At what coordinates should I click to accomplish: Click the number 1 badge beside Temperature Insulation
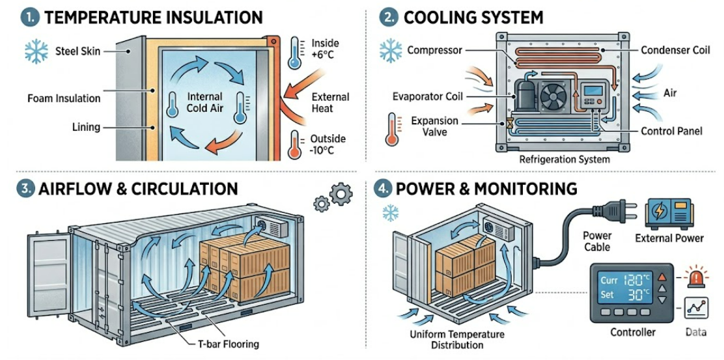click(29, 18)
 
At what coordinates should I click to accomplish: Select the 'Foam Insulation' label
click(64, 98)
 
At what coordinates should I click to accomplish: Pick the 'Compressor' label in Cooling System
click(435, 50)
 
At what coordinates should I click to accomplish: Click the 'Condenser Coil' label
click(675, 50)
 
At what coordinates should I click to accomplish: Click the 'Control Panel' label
click(671, 131)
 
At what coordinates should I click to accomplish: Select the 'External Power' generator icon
click(669, 214)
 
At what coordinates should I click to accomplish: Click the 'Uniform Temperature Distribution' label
click(457, 339)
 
